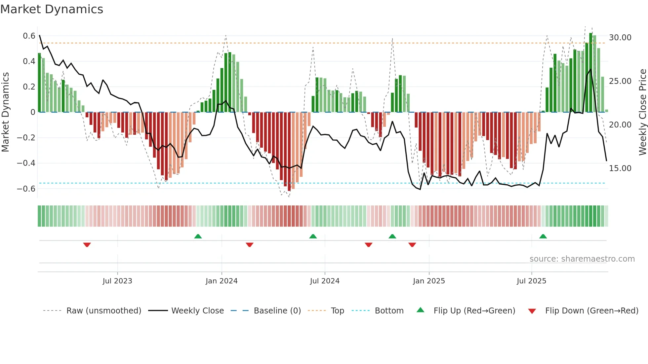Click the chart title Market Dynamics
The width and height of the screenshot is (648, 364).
[x=52, y=9]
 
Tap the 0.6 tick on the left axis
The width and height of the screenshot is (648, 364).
[x=29, y=36]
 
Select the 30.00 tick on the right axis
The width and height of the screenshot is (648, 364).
[x=620, y=38]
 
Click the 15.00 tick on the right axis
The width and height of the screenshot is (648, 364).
[x=620, y=168]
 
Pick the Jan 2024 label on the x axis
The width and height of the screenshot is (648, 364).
[x=222, y=281]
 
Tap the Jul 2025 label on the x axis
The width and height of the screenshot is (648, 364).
[x=531, y=281]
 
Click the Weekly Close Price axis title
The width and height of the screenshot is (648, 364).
[x=642, y=112]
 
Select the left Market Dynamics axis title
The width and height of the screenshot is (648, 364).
[x=5, y=112]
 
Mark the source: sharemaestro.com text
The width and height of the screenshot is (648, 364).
[x=582, y=259]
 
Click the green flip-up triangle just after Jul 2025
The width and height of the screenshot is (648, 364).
[x=543, y=236]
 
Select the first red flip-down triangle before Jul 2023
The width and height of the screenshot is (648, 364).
[x=87, y=245]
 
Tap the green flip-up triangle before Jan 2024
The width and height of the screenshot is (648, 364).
[x=198, y=236]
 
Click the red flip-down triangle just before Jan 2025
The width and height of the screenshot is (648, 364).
[x=412, y=245]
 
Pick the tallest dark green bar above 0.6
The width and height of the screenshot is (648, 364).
[x=591, y=73]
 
